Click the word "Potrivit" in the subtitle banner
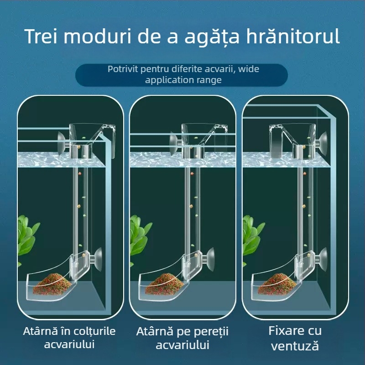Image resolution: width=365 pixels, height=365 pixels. coord(124,70)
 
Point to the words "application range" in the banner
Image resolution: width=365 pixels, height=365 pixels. coord(183,80)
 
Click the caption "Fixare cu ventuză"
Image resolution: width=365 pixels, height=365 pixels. coord(294,338)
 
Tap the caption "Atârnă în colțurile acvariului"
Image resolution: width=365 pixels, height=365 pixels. coord(69,338)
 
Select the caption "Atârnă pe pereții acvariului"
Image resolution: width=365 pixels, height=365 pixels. coord(182,338)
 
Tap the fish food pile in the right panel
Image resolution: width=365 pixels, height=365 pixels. coord(278,282)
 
